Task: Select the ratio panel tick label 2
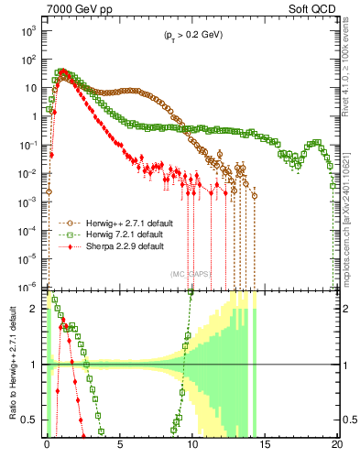point(36,309)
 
